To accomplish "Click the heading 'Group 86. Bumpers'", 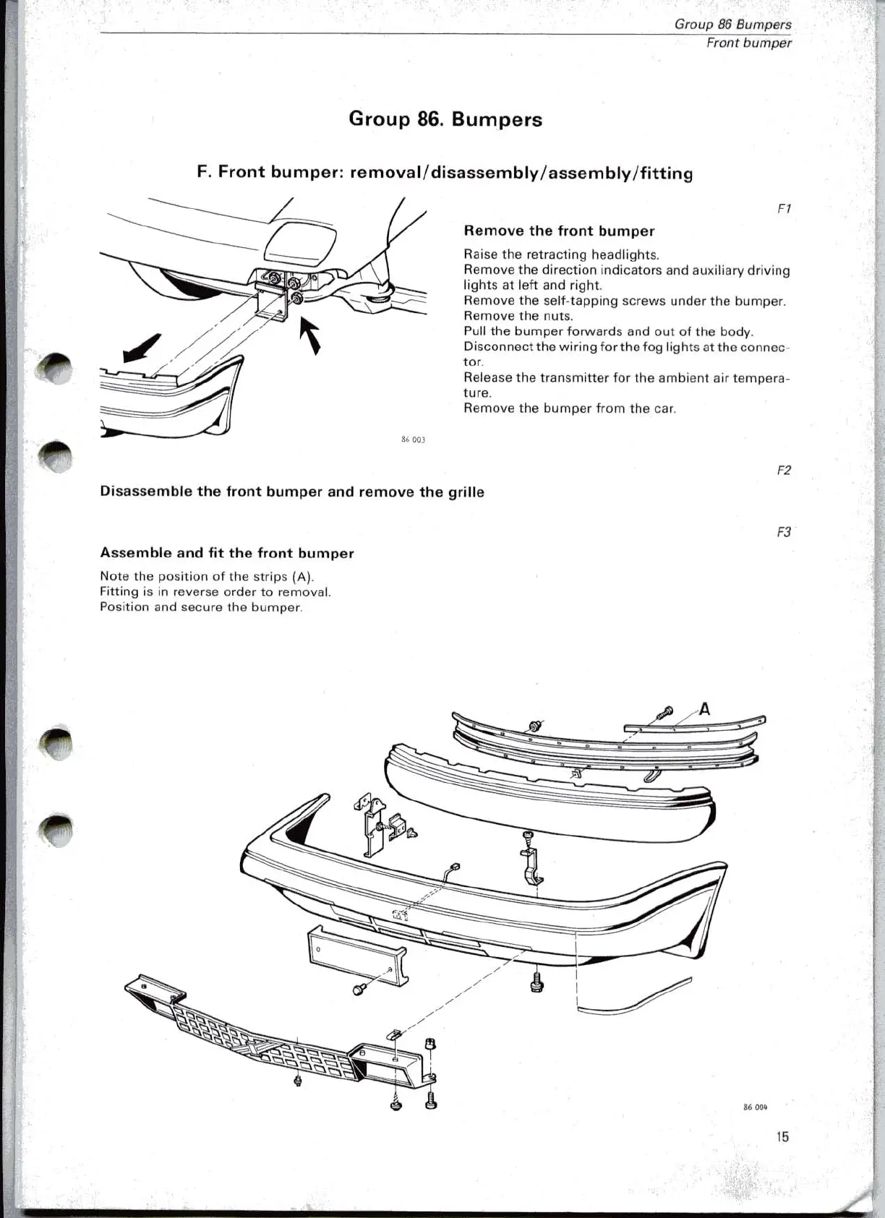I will pos(445,119).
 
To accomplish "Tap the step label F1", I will pos(784,209).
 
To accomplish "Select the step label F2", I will pos(784,471).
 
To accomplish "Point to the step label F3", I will pos(784,533).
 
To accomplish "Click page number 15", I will pos(782,1137).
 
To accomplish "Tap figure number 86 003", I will pos(413,439).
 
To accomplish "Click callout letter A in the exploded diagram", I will pos(704,709).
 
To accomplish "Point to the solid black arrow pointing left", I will pos(142,348).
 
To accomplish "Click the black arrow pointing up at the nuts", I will pos(311,336).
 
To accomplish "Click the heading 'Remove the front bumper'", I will pos(558,231).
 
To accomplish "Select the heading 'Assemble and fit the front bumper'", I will pos(226,554).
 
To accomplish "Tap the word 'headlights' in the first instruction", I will pos(624,254).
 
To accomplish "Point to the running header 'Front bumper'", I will pos(748,43).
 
